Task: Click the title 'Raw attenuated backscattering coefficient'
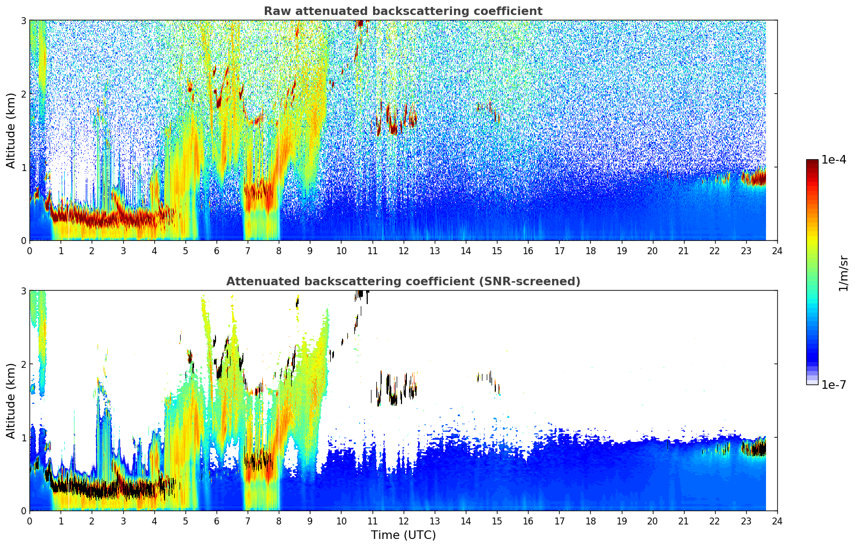[403, 11]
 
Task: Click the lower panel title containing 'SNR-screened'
[403, 282]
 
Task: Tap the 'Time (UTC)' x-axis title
[403, 535]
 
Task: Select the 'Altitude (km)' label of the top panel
[11, 130]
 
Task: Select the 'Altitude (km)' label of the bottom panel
[11, 401]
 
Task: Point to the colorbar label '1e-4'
[834, 160]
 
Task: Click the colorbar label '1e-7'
[834, 385]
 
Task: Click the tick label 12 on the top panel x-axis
[403, 250]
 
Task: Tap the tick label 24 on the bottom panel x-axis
[777, 521]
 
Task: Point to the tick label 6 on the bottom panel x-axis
[217, 521]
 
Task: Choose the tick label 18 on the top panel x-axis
[590, 250]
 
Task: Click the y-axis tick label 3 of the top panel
[24, 20]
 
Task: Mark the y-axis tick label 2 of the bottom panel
[24, 364]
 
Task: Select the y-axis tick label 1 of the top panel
[24, 167]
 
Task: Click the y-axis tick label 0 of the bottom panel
[24, 511]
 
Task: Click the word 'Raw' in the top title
[275, 11]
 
